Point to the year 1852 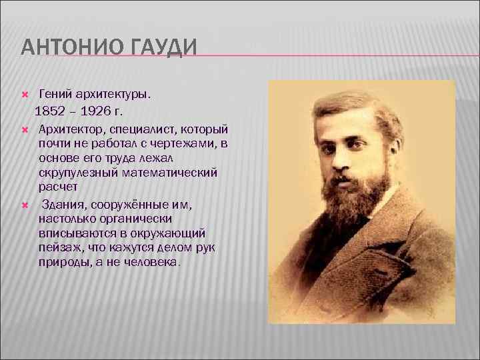tap(50, 110)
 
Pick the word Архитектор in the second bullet tap(69, 127)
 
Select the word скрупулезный tap(76, 173)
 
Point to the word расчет tap(58, 188)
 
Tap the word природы tap(61, 263)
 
